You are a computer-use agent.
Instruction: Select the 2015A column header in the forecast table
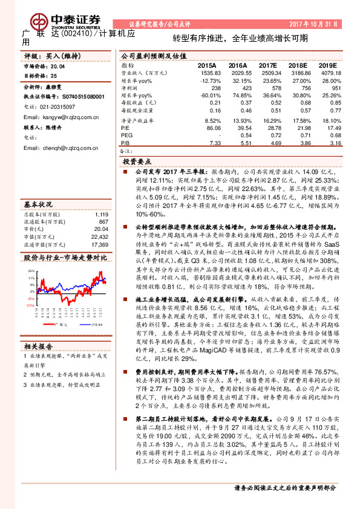tap(207, 64)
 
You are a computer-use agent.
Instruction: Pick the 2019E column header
tap(327, 64)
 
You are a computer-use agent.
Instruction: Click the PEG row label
tap(126, 136)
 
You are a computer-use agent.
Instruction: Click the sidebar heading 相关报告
tap(38, 346)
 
